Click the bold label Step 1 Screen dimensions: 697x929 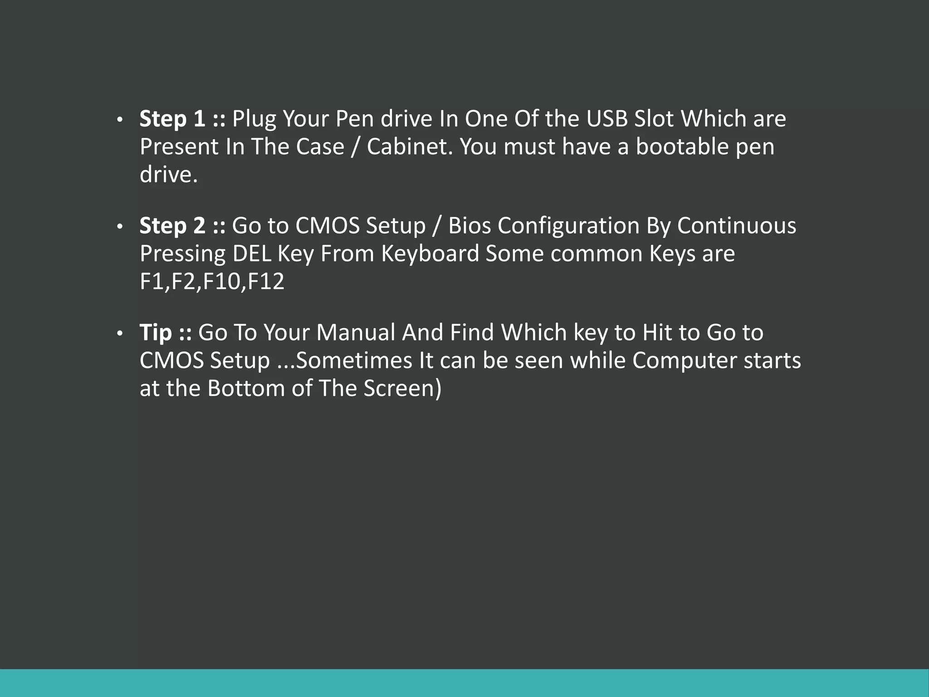tap(172, 119)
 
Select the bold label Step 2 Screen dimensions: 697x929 tap(172, 226)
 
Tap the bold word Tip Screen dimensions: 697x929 tap(156, 333)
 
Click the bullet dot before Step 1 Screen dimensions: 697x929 tap(120, 120)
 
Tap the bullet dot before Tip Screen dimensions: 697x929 tap(120, 334)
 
